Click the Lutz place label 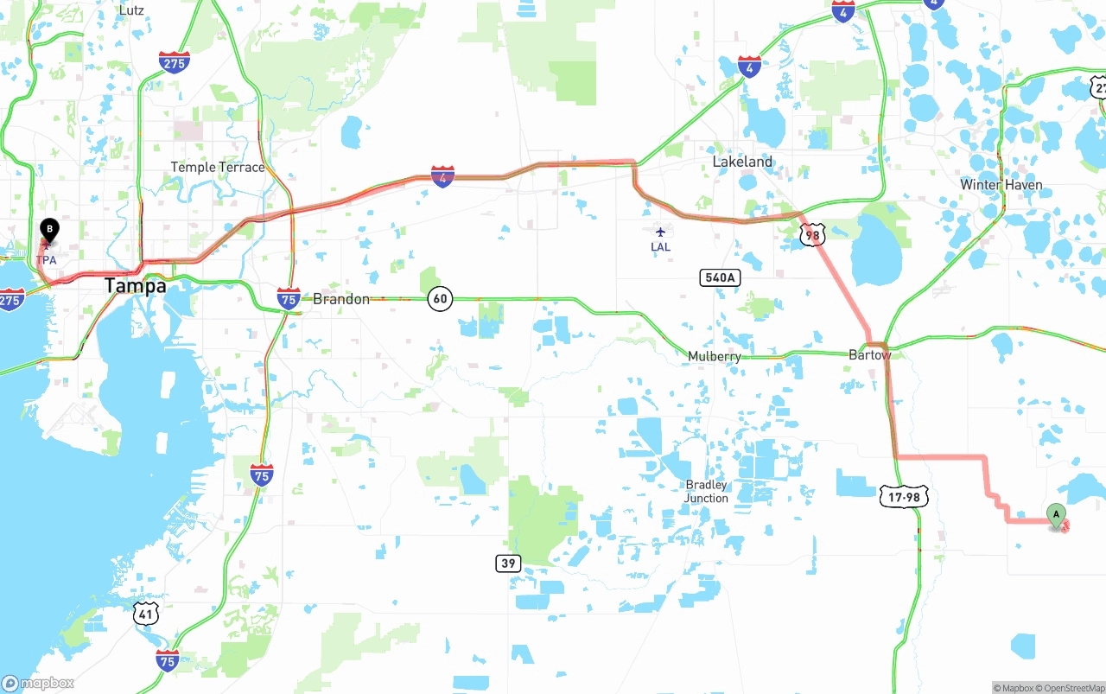tap(131, 10)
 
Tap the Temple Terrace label tap(218, 167)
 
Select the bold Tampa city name tap(136, 286)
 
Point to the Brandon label tap(340, 299)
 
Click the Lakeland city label tap(742, 162)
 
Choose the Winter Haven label tap(1001, 185)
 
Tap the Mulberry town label tap(714, 356)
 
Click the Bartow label tap(869, 355)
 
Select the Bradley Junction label tap(706, 492)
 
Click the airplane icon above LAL tap(660, 232)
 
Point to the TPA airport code tap(47, 260)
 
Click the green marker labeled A tap(1055, 515)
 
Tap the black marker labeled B tap(49, 231)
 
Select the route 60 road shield tap(440, 299)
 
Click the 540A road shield tap(720, 277)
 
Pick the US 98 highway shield tap(812, 234)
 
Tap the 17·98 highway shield tap(905, 496)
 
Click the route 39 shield tap(509, 563)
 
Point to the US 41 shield tap(145, 614)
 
